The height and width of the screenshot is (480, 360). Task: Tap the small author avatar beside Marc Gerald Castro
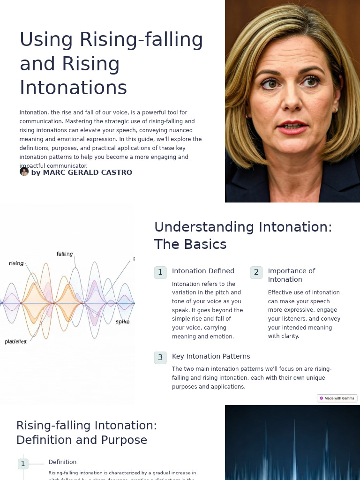(x=24, y=172)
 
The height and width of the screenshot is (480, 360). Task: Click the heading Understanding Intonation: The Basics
(x=243, y=235)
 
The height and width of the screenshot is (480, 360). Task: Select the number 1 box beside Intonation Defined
(x=160, y=272)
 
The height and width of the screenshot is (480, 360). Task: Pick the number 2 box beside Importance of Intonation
(x=256, y=272)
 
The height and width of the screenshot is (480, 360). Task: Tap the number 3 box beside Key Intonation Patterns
(x=160, y=358)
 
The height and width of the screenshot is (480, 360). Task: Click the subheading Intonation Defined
(x=203, y=271)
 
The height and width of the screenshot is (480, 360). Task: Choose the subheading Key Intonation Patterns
(x=211, y=356)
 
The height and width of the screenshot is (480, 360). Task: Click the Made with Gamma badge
(x=337, y=398)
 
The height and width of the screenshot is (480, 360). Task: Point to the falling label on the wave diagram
(x=65, y=254)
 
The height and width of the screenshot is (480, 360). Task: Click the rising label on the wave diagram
(x=16, y=263)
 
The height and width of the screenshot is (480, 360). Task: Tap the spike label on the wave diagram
(x=122, y=322)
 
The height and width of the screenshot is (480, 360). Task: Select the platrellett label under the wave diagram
(x=16, y=341)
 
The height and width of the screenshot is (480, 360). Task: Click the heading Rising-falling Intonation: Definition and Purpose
(x=87, y=433)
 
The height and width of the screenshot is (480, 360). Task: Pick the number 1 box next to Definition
(x=23, y=464)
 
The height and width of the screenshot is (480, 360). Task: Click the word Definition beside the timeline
(x=62, y=462)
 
